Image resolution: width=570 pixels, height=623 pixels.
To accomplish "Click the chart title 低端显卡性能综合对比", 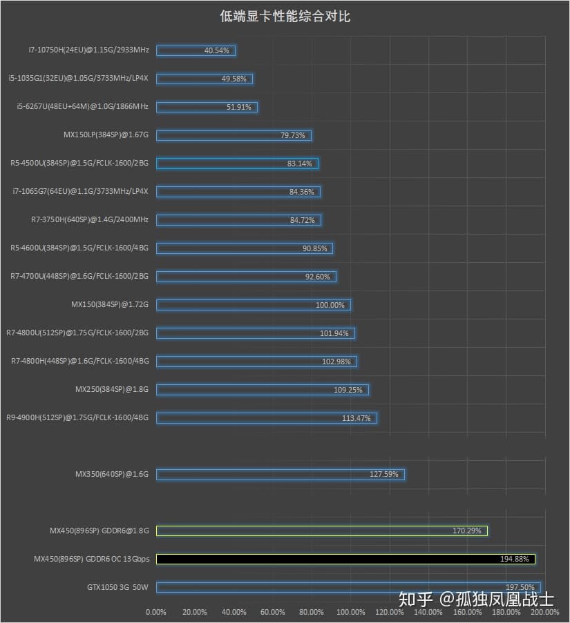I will coord(285,16).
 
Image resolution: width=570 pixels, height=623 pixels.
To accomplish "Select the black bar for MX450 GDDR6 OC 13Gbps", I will coord(345,559).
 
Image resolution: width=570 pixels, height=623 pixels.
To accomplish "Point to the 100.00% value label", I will coord(330,305).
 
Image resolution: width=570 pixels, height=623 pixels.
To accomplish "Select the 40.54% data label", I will coord(217,50).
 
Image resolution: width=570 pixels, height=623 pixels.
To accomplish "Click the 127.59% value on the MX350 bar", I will coord(385,474).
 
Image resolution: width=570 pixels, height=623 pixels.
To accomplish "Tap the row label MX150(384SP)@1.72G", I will coord(110,304).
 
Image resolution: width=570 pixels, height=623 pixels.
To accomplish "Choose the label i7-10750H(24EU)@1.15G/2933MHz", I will coord(88,50).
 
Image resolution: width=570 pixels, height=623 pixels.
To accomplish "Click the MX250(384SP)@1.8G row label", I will coord(112,389).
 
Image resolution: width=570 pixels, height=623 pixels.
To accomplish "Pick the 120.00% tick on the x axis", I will coord(390,611).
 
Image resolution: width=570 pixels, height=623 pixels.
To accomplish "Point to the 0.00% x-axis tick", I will coord(156,611).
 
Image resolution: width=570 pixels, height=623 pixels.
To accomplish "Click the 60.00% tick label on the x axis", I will coord(273,611).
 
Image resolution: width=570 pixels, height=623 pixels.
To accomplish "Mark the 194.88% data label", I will coord(515,559).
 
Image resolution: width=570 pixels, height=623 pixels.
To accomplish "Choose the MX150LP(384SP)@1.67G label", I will coord(106,135).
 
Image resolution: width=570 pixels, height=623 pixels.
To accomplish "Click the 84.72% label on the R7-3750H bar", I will coord(303,220).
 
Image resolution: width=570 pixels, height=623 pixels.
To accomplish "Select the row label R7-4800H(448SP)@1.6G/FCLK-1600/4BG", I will coord(80,361).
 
